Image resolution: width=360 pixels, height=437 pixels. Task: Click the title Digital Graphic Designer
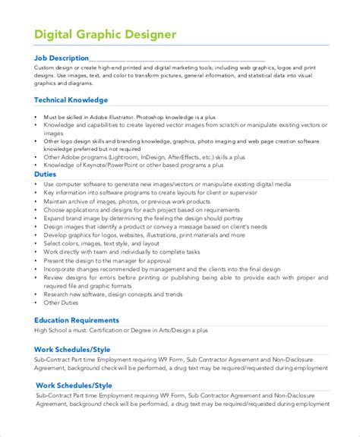click(x=105, y=34)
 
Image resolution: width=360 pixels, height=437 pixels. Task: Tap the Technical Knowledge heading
click(x=71, y=99)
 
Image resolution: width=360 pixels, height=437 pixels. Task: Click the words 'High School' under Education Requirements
click(x=52, y=332)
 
